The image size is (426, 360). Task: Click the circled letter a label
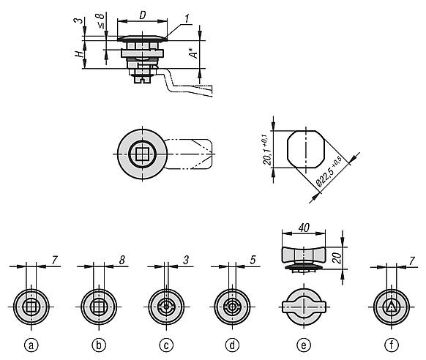31,345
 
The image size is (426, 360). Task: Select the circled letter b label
99,345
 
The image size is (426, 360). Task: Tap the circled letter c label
166,345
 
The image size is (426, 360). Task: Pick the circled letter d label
232,345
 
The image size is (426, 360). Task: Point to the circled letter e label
304,345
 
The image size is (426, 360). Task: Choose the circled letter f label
391,345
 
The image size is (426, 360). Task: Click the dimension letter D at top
143,15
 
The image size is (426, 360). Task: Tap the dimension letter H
79,54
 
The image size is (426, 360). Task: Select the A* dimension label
193,53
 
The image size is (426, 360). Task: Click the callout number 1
187,19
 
